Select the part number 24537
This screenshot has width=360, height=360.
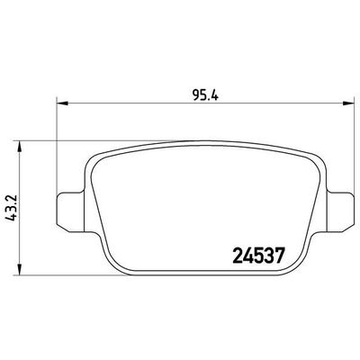pos(252,254)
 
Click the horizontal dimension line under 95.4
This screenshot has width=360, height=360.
pos(135,102)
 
